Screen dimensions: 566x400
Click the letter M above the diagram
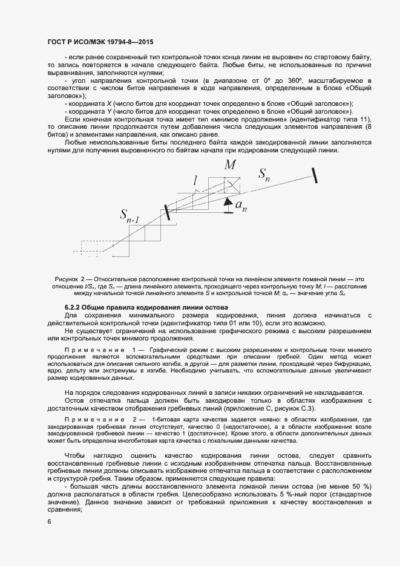[230, 165]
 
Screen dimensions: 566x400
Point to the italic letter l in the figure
[195, 180]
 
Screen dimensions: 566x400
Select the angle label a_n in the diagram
[241, 206]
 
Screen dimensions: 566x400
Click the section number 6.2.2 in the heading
[74, 308]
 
